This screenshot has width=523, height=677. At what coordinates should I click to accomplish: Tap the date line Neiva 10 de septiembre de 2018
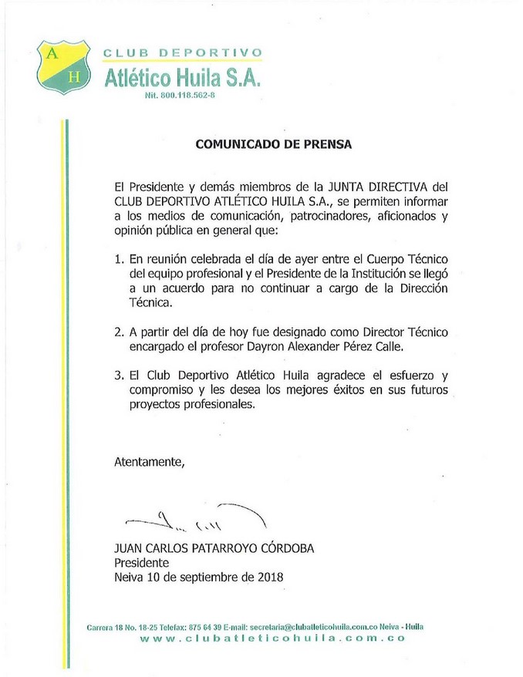point(199,578)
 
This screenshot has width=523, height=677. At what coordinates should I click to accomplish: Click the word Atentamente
point(150,463)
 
